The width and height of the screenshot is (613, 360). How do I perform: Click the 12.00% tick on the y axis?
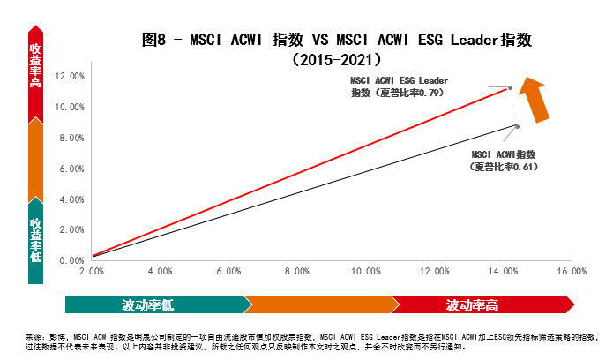coord(71,77)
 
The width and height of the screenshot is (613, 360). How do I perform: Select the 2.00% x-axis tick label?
coord(92,273)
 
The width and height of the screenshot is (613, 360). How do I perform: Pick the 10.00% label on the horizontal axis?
coord(366,273)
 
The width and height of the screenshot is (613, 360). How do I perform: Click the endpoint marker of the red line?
coord(510,87)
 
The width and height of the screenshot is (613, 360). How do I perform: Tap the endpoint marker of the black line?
coord(517,126)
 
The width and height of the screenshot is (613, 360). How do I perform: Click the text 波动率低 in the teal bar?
coord(148,306)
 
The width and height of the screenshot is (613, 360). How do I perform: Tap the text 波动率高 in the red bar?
coord(472,306)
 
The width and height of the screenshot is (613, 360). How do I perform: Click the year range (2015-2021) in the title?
coord(338,61)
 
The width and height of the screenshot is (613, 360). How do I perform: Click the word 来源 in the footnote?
coord(33,337)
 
